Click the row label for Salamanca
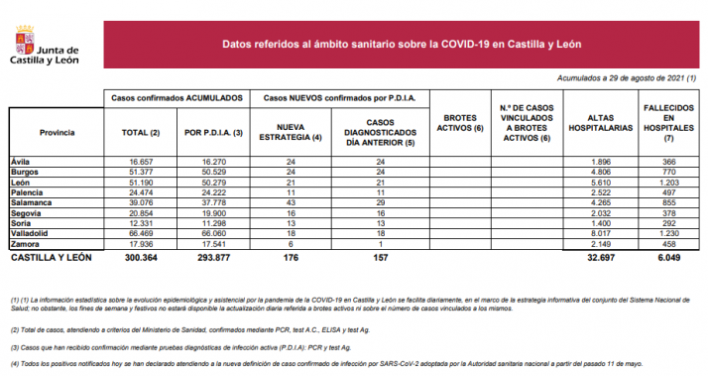pyautogui.click(x=29, y=202)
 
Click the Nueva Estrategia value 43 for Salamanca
pyautogui.click(x=290, y=202)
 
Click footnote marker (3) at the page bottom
pyautogui.click(x=15, y=346)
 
